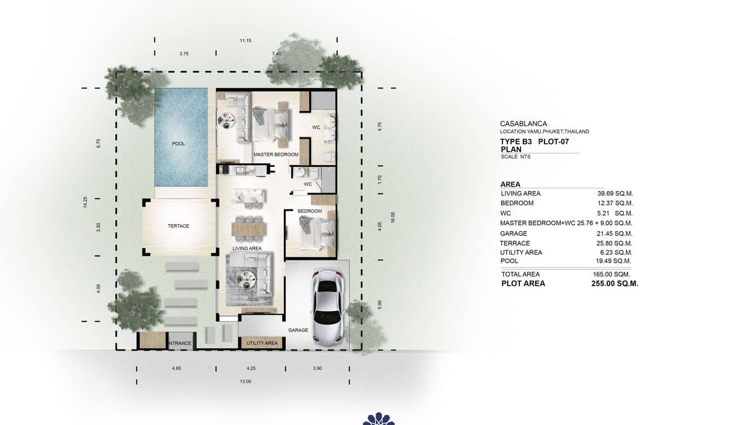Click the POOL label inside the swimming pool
(178, 144)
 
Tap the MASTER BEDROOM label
(275, 154)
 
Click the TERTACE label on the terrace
(178, 226)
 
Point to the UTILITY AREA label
(262, 343)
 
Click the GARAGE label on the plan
(298, 330)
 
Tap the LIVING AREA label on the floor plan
(247, 248)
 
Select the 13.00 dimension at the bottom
(246, 382)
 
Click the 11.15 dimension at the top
(245, 41)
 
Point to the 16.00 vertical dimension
(393, 218)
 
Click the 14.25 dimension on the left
(85, 202)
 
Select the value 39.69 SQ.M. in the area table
(615, 193)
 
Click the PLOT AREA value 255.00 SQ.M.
(615, 284)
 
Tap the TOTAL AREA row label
(520, 274)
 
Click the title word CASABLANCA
(523, 123)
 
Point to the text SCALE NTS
(515, 157)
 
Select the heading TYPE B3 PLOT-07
(535, 141)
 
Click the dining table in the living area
(249, 228)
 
